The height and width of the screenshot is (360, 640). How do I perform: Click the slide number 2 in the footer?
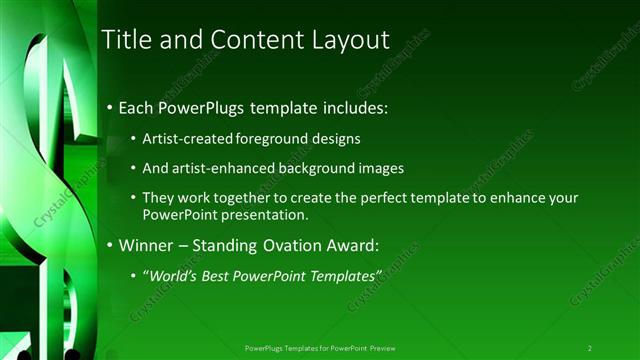(x=590, y=347)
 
